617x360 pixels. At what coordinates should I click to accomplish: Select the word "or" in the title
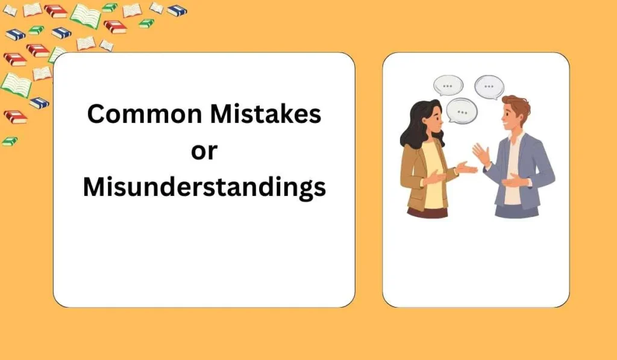pyautogui.click(x=204, y=151)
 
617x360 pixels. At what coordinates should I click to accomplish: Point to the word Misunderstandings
pyautogui.click(x=204, y=188)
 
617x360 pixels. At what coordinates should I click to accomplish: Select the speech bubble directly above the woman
pyautogui.click(x=448, y=86)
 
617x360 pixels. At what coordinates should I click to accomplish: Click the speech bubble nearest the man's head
pyautogui.click(x=489, y=87)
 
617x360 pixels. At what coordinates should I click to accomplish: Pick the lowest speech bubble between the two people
pyautogui.click(x=462, y=111)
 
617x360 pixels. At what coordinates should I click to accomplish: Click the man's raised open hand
pyautogui.click(x=481, y=154)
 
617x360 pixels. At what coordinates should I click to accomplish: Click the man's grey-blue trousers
pyautogui.click(x=517, y=211)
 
